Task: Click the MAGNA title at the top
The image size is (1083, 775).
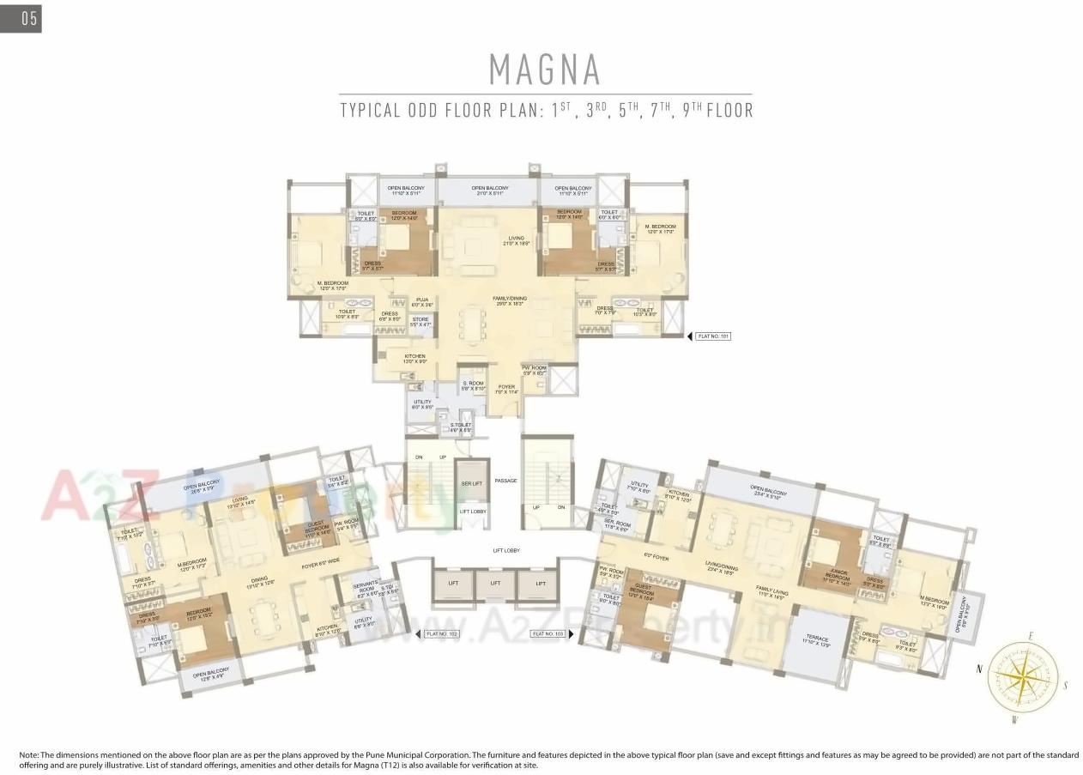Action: (x=544, y=69)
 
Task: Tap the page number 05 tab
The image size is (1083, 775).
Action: (x=21, y=18)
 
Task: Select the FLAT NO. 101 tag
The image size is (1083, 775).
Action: (x=713, y=336)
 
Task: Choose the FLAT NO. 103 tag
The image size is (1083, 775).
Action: (x=548, y=634)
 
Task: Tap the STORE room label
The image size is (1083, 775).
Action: (x=420, y=322)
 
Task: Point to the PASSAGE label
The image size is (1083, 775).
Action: (x=505, y=481)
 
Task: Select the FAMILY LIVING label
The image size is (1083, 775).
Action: (x=772, y=591)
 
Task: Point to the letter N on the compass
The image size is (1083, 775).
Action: (x=978, y=667)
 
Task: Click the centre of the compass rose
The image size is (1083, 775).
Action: (x=1022, y=676)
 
